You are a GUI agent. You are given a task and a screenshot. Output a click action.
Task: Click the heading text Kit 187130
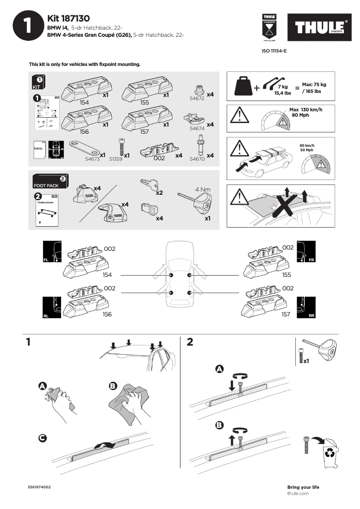coord(68,18)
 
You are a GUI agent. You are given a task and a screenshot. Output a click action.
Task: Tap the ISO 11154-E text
coord(274,51)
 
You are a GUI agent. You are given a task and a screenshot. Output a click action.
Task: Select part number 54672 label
coord(197,98)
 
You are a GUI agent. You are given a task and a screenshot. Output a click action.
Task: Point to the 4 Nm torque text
coord(203,189)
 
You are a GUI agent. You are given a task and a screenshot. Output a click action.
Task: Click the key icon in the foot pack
coord(149,184)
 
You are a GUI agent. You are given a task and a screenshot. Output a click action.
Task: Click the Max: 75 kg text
coord(314,84)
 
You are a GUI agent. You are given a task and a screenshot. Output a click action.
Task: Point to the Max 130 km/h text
coord(306,110)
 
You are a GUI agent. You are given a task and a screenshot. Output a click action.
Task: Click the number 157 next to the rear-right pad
coord(285,315)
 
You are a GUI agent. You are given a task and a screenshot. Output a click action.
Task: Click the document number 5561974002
coord(39,487)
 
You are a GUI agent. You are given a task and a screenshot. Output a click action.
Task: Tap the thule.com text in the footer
coord(298,493)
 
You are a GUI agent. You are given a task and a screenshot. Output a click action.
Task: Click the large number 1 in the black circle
coord(28,26)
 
